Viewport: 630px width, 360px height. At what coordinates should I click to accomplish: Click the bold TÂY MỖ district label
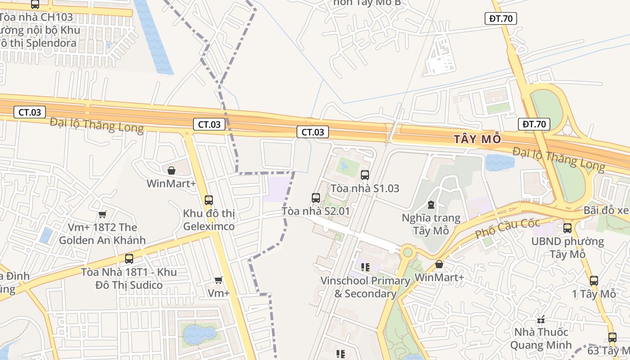pyautogui.click(x=477, y=139)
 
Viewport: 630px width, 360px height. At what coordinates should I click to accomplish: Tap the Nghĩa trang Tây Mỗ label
pyautogui.click(x=431, y=225)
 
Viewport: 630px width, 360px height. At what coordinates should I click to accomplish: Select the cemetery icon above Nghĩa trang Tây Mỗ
pyautogui.click(x=431, y=205)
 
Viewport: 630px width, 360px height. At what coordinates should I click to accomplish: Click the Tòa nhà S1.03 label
pyautogui.click(x=365, y=188)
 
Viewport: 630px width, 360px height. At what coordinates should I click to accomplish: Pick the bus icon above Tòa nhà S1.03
pyautogui.click(x=365, y=175)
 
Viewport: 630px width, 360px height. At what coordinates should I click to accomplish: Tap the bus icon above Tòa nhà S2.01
pyautogui.click(x=316, y=198)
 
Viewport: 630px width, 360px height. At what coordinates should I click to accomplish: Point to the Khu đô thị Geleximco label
pyautogui.click(x=209, y=220)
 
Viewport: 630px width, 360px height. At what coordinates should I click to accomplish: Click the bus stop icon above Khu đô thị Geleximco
pyautogui.click(x=209, y=200)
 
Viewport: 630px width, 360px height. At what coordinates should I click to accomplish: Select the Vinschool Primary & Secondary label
pyautogui.click(x=365, y=287)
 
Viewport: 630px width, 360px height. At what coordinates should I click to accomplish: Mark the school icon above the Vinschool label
pyautogui.click(x=365, y=267)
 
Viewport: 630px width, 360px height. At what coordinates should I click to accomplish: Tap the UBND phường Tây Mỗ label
pyautogui.click(x=567, y=247)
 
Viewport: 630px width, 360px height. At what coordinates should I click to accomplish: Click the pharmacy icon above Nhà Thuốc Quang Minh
pyautogui.click(x=541, y=319)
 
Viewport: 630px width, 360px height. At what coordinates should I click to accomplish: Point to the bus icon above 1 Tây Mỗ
pyautogui.click(x=594, y=281)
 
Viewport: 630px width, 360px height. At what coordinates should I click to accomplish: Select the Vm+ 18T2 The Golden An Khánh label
pyautogui.click(x=102, y=234)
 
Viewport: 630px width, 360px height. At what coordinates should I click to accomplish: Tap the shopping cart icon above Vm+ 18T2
pyautogui.click(x=102, y=214)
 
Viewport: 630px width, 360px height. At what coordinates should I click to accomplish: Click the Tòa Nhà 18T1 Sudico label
pyautogui.click(x=129, y=279)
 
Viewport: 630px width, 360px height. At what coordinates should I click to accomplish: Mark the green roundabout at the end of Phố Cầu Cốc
pyautogui.click(x=408, y=252)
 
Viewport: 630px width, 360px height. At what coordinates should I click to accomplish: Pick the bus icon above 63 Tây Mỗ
pyautogui.click(x=612, y=337)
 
